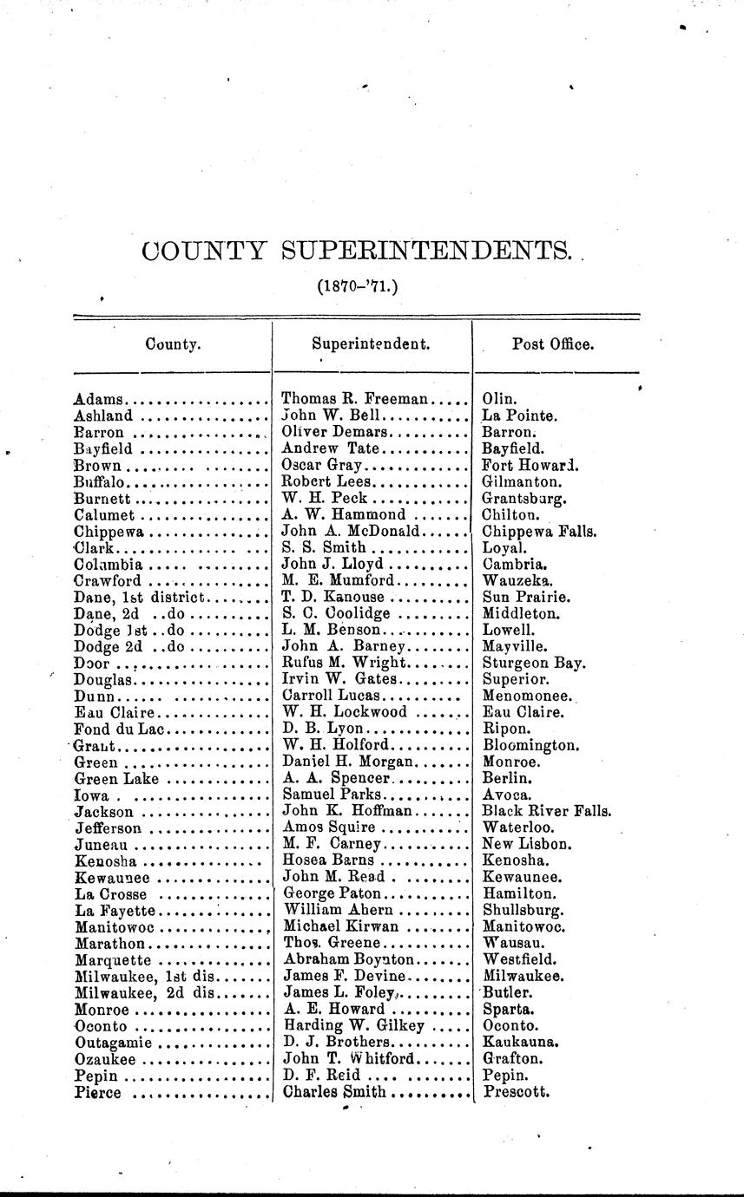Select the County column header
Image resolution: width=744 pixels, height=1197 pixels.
pyautogui.click(x=173, y=343)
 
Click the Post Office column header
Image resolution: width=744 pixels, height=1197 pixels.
pyautogui.click(x=553, y=343)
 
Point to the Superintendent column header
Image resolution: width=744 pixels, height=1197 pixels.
pyautogui.click(x=371, y=343)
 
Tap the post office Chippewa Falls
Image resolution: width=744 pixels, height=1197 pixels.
pyautogui.click(x=539, y=531)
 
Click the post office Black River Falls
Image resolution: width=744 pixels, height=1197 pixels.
pyautogui.click(x=547, y=812)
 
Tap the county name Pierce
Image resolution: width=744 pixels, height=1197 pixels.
pyautogui.click(x=98, y=1093)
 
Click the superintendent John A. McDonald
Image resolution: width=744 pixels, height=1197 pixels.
pyautogui.click(x=352, y=531)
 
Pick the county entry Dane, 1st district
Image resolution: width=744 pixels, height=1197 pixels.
pyautogui.click(x=140, y=598)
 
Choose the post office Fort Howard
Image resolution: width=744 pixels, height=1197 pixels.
pyautogui.click(x=530, y=465)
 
